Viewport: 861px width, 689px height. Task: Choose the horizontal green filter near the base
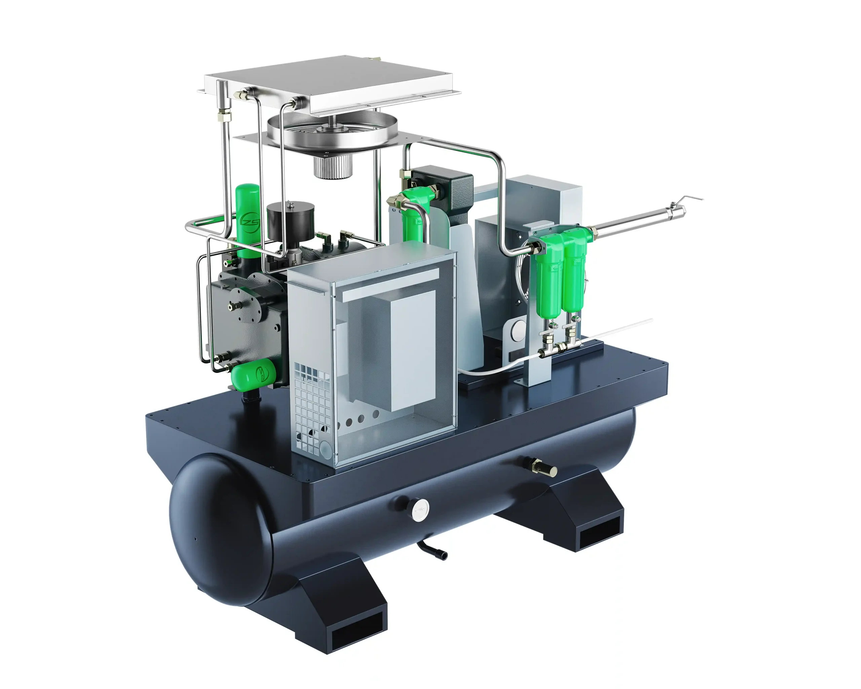(x=254, y=373)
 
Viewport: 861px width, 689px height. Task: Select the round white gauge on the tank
(x=420, y=510)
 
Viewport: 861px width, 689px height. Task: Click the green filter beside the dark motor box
(x=414, y=218)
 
